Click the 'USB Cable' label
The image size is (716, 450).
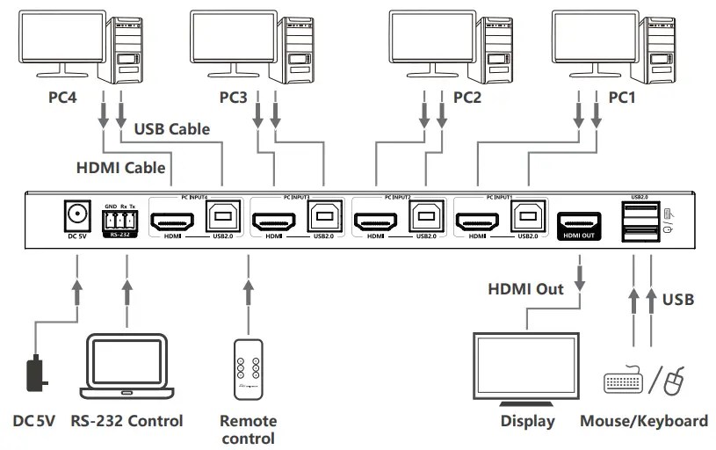(x=171, y=129)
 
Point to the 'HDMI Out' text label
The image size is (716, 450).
(x=526, y=288)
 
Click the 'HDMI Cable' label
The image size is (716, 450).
(x=119, y=166)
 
